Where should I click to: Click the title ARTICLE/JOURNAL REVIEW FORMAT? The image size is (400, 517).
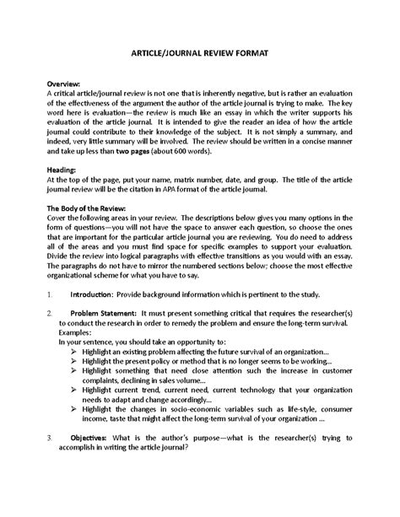pos(200,52)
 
